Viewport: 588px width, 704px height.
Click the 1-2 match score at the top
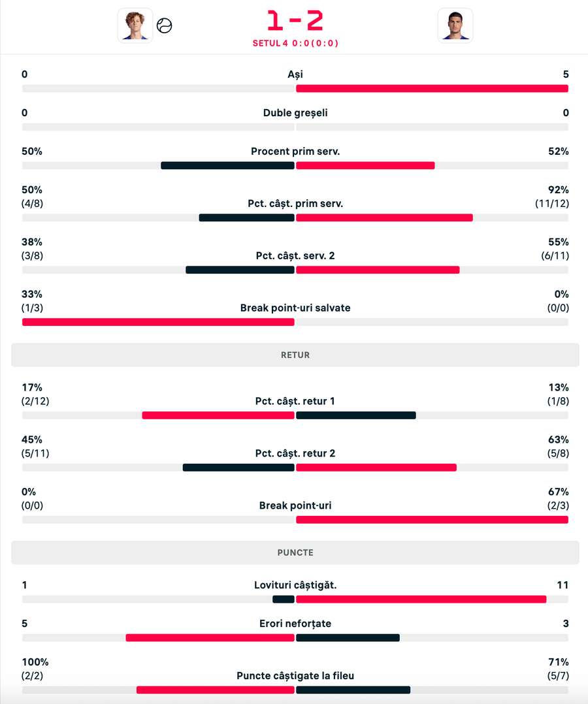click(295, 20)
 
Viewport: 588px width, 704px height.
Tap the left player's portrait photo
click(135, 25)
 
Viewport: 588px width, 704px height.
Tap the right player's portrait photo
click(455, 25)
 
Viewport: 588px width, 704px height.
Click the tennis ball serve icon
click(165, 25)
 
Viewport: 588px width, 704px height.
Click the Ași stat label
click(295, 74)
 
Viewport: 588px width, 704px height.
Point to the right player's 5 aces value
click(566, 74)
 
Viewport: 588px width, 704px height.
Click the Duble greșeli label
click(295, 113)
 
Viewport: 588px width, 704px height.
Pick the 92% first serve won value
click(559, 190)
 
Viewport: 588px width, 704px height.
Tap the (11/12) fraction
click(552, 203)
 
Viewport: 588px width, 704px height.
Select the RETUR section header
click(295, 355)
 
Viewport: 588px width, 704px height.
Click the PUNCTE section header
click(295, 552)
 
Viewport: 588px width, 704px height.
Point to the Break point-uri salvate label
click(295, 308)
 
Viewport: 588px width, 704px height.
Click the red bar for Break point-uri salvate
click(158, 322)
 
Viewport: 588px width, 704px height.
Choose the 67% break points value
click(559, 492)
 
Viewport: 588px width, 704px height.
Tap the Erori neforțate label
click(295, 624)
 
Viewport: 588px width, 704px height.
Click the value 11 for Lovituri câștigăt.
click(563, 585)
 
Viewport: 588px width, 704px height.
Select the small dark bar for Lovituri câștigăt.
click(284, 600)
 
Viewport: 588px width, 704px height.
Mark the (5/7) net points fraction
click(558, 676)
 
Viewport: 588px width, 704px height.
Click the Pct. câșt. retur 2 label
click(295, 453)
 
